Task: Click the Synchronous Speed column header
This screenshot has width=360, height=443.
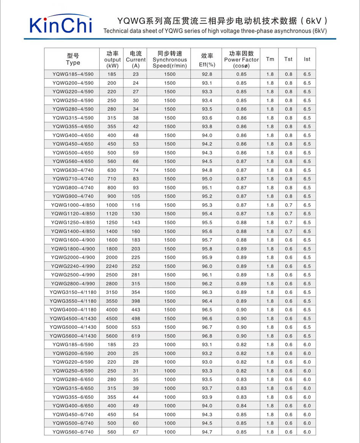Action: (170, 59)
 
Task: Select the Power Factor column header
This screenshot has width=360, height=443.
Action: (241, 59)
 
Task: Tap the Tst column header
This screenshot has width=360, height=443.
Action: (288, 59)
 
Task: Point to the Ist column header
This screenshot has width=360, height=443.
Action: (307, 59)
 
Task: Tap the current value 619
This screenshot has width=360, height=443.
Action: (136, 336)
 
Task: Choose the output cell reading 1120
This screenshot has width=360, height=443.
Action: (112, 214)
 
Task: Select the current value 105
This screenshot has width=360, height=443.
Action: (136, 196)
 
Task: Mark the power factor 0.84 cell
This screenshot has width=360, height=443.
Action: (241, 406)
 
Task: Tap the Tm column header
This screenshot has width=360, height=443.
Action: (270, 59)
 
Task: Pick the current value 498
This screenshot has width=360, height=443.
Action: (136, 319)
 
